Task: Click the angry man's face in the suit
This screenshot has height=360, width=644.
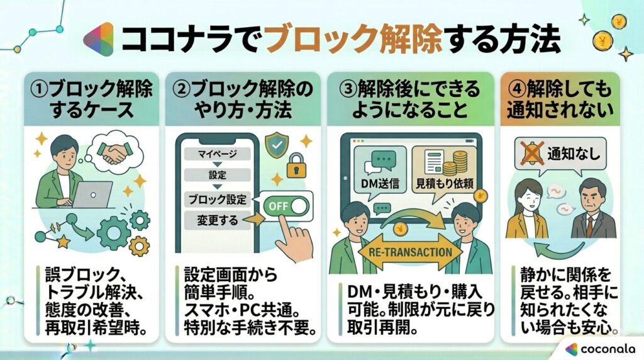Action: coord(592,195)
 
